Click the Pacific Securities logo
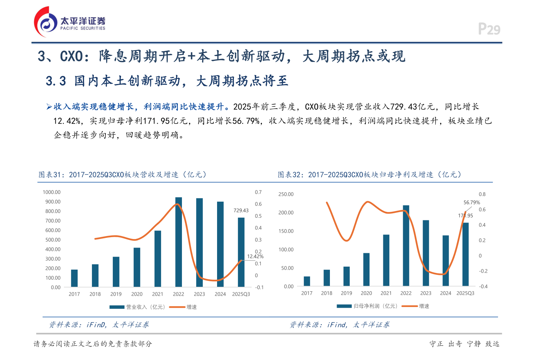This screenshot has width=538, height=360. (x=69, y=22)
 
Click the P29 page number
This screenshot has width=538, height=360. (x=489, y=29)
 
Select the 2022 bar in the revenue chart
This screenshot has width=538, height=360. (x=179, y=242)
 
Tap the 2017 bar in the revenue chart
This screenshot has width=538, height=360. (x=74, y=278)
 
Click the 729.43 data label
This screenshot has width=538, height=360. (x=241, y=211)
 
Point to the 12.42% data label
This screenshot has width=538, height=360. (x=255, y=257)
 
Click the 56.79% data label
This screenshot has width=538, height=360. (x=471, y=202)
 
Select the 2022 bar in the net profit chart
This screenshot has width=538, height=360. (x=406, y=245)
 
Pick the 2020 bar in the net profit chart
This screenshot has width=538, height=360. (x=367, y=269)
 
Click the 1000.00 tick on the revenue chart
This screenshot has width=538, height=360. (x=52, y=192)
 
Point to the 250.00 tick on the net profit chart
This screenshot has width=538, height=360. (x=286, y=194)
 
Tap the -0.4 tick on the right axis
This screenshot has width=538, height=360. (x=483, y=286)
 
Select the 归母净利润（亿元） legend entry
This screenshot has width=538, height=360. (x=368, y=306)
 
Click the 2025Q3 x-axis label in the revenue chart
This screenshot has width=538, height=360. (x=241, y=294)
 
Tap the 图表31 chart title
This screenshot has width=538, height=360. (x=123, y=175)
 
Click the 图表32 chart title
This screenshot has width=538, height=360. (x=370, y=175)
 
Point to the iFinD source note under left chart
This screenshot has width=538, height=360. (x=99, y=325)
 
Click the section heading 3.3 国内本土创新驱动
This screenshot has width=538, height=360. (x=167, y=81)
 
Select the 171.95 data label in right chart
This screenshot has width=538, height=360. (x=466, y=215)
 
